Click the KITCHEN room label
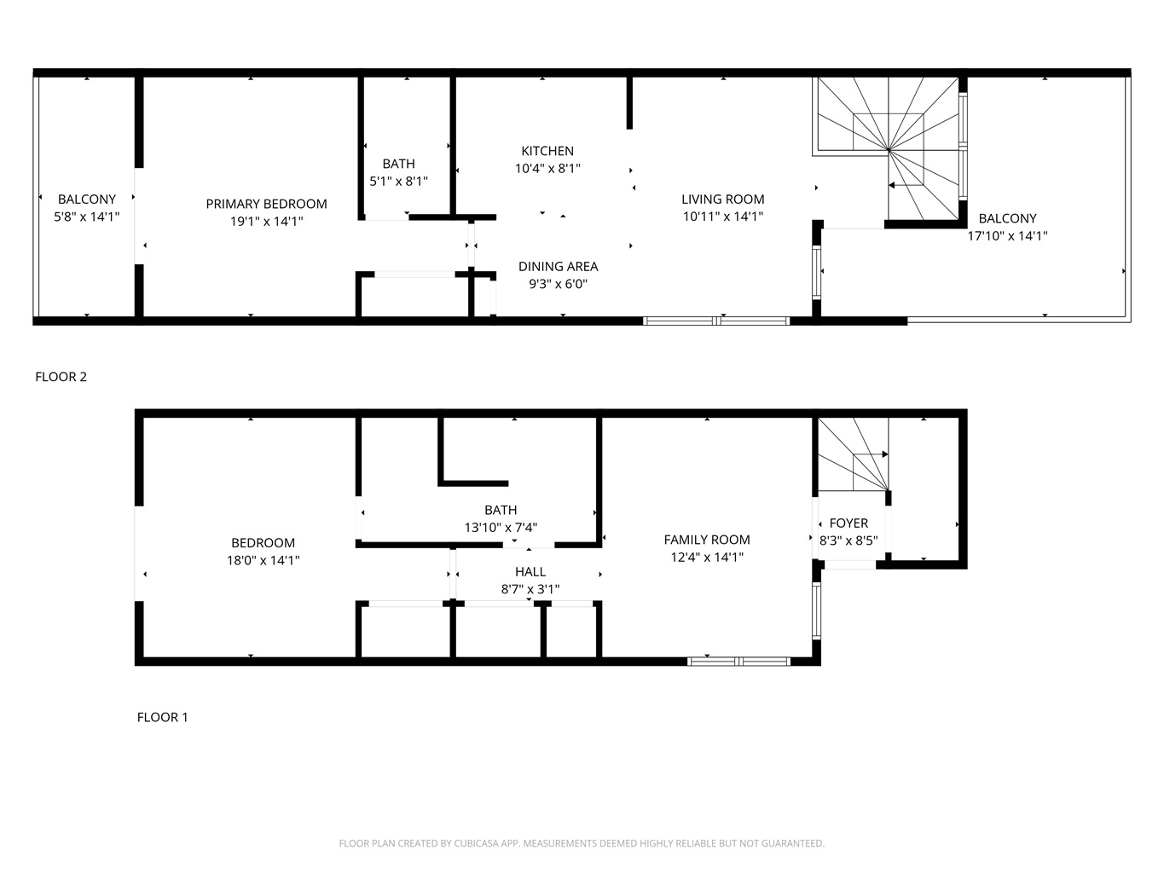tap(547, 151)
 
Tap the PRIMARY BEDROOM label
tap(266, 204)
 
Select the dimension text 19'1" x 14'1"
tap(266, 222)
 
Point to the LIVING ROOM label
tap(723, 199)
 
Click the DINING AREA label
tap(558, 267)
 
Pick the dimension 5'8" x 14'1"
tap(86, 217)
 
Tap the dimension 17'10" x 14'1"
tap(1007, 236)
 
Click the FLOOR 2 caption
tap(61, 377)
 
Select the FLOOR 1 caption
tap(162, 717)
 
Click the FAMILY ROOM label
tap(707, 540)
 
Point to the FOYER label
tap(848, 523)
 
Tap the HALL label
tap(530, 572)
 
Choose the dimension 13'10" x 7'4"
tap(501, 528)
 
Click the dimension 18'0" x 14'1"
tap(263, 560)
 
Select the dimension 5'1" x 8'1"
tap(398, 182)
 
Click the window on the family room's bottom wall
tap(738, 662)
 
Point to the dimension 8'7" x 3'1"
tap(530, 589)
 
